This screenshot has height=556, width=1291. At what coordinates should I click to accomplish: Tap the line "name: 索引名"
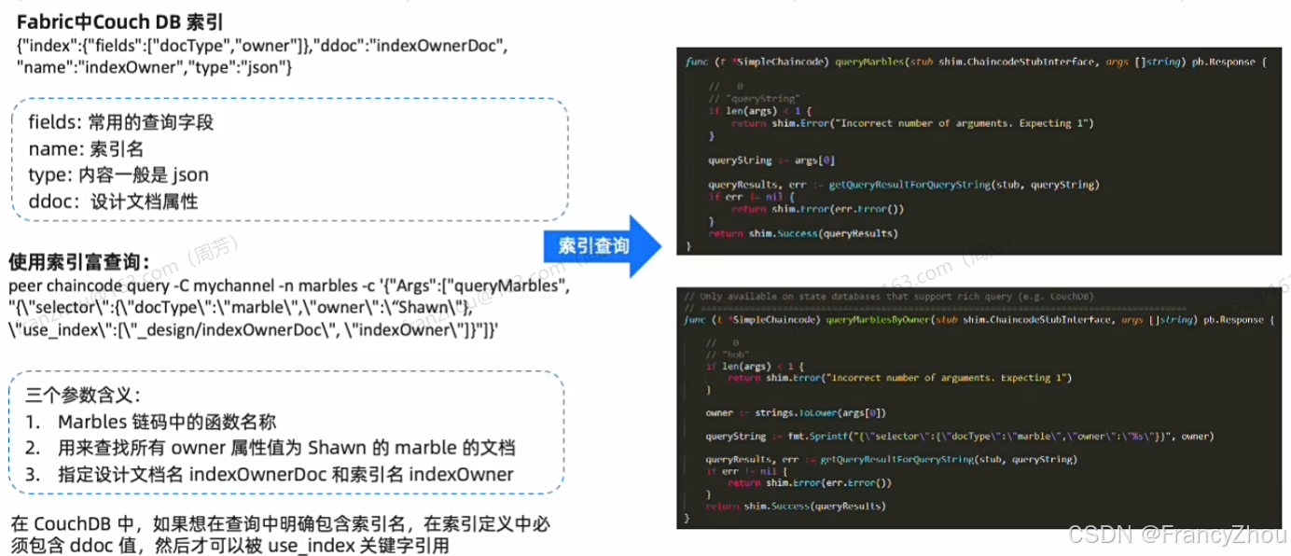pyautogui.click(x=86, y=148)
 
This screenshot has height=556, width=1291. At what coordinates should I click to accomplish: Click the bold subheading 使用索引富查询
pyautogui.click(x=78, y=263)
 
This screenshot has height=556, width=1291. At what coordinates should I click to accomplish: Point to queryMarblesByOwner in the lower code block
pyautogui.click(x=881, y=320)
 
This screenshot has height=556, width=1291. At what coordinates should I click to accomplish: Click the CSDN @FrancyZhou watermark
pyautogui.click(x=1177, y=535)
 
